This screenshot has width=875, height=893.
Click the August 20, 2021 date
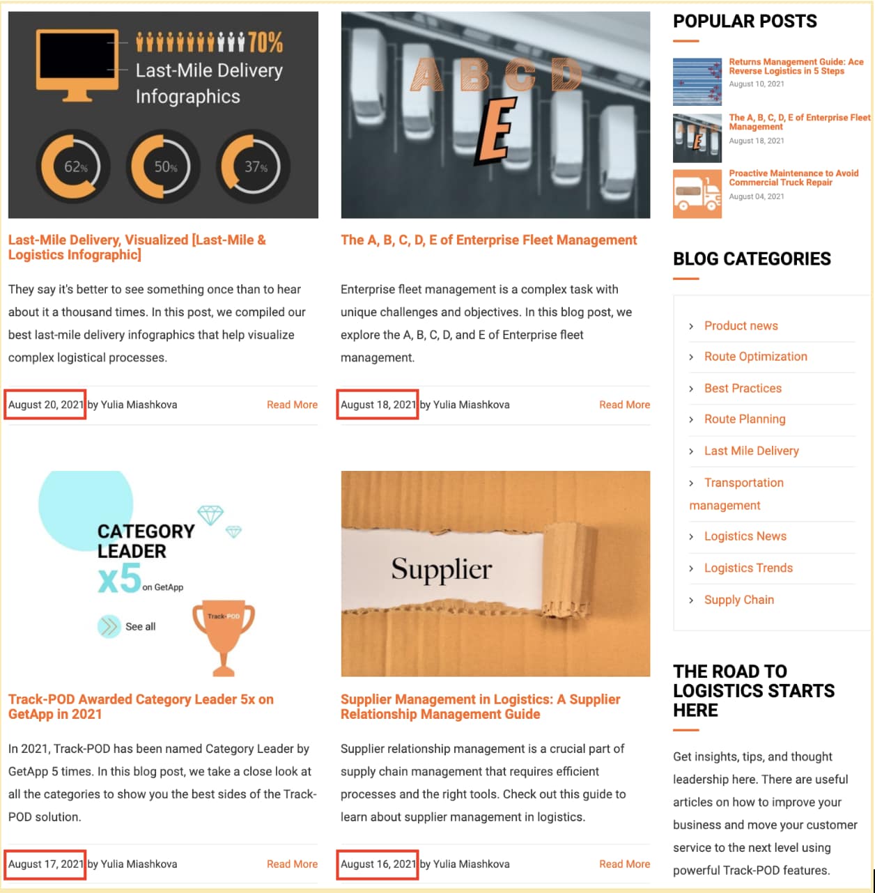click(45, 405)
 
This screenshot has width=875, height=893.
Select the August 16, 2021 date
click(378, 864)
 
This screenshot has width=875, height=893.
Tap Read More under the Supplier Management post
click(624, 864)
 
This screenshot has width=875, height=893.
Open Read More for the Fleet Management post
click(624, 405)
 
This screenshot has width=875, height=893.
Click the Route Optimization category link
click(755, 357)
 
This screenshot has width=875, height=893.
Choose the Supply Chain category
click(738, 600)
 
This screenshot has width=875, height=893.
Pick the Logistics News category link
click(745, 536)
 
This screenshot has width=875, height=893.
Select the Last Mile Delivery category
click(751, 451)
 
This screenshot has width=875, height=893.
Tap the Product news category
click(741, 326)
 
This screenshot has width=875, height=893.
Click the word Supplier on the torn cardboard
click(441, 569)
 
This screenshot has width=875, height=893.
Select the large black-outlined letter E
click(496, 131)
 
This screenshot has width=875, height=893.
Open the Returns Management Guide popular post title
click(796, 66)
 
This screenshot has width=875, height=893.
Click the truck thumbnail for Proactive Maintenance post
click(697, 194)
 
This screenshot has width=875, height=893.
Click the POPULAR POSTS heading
click(745, 22)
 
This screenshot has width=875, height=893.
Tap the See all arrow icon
click(109, 626)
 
